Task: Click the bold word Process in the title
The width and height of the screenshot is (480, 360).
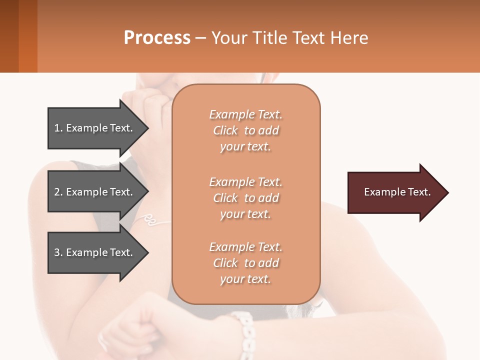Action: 157,37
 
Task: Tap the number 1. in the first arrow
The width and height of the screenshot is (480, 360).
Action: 58,128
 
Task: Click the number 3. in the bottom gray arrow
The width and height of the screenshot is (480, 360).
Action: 58,252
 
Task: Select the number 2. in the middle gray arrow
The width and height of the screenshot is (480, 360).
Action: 58,192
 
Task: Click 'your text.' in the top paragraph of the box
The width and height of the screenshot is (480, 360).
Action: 245,147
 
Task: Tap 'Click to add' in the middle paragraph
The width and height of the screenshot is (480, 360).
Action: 245,198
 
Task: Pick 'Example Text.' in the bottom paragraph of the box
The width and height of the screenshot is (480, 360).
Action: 245,247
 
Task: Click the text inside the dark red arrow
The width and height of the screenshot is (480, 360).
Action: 397,192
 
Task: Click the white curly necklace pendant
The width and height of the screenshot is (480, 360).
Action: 149,218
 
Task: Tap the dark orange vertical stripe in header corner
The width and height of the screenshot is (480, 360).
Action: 28,36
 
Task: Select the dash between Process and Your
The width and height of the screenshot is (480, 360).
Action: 200,38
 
